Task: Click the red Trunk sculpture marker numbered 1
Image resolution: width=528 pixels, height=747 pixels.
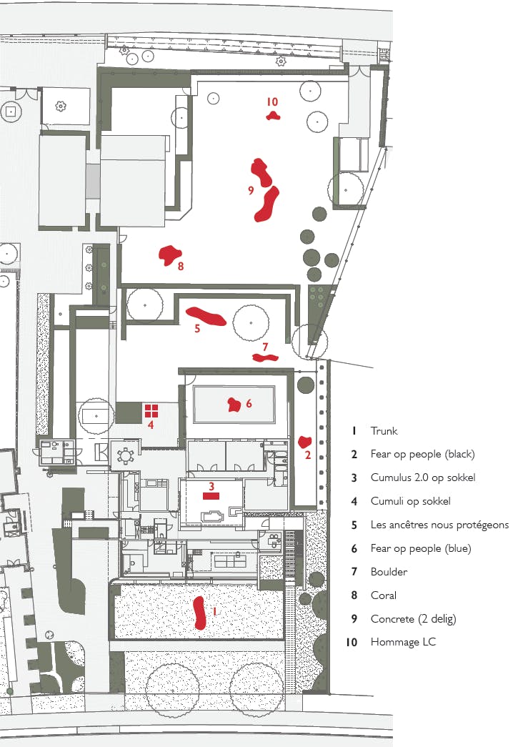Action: [200, 612]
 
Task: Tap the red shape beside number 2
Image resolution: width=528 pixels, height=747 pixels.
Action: [304, 442]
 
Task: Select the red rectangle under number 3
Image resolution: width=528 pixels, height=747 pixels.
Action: [211, 496]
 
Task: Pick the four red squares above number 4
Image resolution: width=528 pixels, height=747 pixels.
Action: [151, 410]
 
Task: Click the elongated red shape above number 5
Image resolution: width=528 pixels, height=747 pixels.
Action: [206, 316]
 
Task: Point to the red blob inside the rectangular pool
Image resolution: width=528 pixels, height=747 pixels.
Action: [234, 405]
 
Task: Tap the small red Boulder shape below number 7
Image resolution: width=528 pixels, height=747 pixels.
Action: [264, 358]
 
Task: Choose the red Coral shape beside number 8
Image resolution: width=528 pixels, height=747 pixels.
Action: [169, 255]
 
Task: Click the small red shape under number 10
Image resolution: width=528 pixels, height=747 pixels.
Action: [273, 115]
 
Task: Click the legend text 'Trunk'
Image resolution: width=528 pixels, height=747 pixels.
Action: [384, 430]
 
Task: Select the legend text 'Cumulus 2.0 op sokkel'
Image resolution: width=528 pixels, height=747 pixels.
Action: [423, 478]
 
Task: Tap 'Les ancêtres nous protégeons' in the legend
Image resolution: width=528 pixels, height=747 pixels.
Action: [439, 525]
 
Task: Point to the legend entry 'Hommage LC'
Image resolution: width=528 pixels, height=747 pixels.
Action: [403, 642]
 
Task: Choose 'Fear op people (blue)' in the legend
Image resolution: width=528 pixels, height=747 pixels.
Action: [421, 548]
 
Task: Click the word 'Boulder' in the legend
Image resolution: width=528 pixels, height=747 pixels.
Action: [389, 571]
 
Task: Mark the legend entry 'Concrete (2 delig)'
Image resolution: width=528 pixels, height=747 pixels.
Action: [413, 619]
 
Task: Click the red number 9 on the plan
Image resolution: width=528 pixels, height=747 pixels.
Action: [251, 191]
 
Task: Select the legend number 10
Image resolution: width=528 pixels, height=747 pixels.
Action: [352, 642]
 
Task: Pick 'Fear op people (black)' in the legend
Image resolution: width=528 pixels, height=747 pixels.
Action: [423, 454]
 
